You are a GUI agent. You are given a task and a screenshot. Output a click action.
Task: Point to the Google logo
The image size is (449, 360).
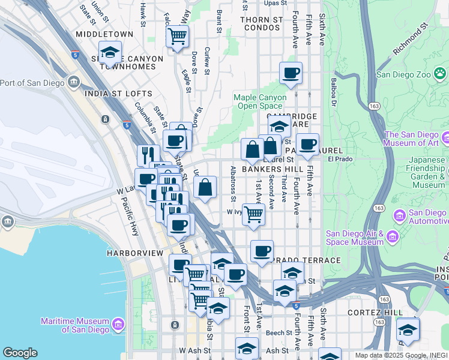(20, 353)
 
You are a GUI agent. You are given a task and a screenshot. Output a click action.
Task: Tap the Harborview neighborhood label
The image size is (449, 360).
(135, 253)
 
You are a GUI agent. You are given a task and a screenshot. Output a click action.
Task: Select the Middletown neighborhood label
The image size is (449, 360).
(104, 35)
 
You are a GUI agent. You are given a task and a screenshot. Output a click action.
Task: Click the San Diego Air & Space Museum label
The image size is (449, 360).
(354, 238)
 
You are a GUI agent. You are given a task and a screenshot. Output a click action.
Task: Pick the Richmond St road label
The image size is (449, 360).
(410, 40)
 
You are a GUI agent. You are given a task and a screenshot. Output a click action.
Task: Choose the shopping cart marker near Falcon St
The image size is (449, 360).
(177, 37)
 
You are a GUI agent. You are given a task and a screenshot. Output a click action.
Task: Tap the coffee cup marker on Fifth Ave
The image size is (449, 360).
(308, 145)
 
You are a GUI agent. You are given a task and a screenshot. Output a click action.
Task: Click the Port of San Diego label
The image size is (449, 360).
(33, 82)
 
